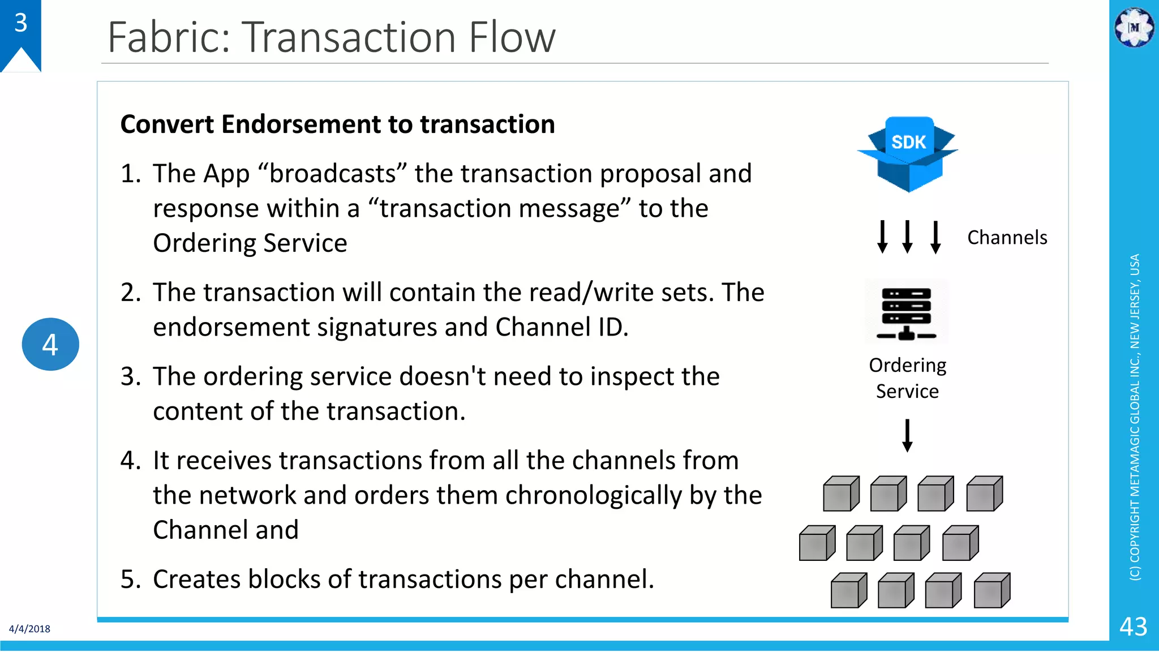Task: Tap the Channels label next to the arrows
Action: click(1007, 238)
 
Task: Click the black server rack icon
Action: click(907, 312)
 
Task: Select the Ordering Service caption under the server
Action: click(907, 378)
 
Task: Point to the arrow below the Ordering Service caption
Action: click(907, 435)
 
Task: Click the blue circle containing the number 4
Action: click(50, 344)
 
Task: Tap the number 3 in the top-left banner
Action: click(21, 23)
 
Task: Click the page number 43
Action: click(1133, 627)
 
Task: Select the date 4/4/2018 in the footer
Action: click(29, 629)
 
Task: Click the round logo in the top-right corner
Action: click(1134, 27)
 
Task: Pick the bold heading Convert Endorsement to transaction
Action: click(337, 125)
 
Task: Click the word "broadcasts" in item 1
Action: click(332, 174)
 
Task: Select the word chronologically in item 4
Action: click(594, 495)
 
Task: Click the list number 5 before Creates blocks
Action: click(130, 579)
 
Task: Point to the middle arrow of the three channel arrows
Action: click(907, 237)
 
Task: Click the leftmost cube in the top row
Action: click(841, 494)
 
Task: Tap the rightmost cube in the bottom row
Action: click(991, 590)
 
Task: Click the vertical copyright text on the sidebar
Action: click(1135, 417)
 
